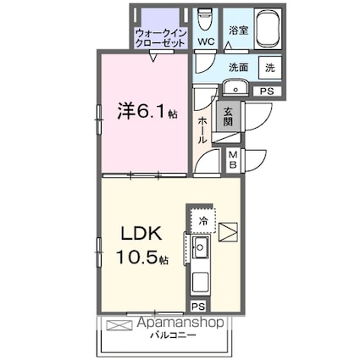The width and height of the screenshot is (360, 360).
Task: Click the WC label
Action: (206, 42)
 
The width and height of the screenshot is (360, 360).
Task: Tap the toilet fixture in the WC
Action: (205, 19)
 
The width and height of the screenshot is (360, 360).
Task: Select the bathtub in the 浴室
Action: (268, 29)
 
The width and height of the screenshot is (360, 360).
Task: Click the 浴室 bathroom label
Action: (239, 30)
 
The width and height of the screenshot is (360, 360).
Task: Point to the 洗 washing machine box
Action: (270, 68)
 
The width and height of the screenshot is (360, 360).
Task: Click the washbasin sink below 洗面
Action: (235, 87)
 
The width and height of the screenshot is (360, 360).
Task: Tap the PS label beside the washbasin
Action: (267, 91)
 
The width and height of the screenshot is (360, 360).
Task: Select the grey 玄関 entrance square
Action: (228, 117)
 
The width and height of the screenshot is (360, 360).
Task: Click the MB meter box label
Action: (233, 160)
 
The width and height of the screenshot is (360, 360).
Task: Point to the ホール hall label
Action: (202, 130)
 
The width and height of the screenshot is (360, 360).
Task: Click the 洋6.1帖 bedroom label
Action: (147, 111)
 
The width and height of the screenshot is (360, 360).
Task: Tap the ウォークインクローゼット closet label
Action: (161, 38)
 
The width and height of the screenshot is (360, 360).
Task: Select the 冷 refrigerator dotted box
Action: (202, 220)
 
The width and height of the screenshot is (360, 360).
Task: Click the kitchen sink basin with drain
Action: (200, 247)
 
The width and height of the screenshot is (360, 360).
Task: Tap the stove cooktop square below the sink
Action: (201, 283)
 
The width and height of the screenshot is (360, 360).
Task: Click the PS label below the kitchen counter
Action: (199, 307)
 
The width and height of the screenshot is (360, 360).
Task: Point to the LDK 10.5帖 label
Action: (142, 245)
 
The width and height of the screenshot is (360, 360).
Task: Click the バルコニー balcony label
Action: (173, 335)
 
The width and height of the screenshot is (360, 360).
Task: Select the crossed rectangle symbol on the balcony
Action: (119, 324)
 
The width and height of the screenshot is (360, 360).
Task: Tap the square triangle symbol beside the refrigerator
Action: (228, 232)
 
